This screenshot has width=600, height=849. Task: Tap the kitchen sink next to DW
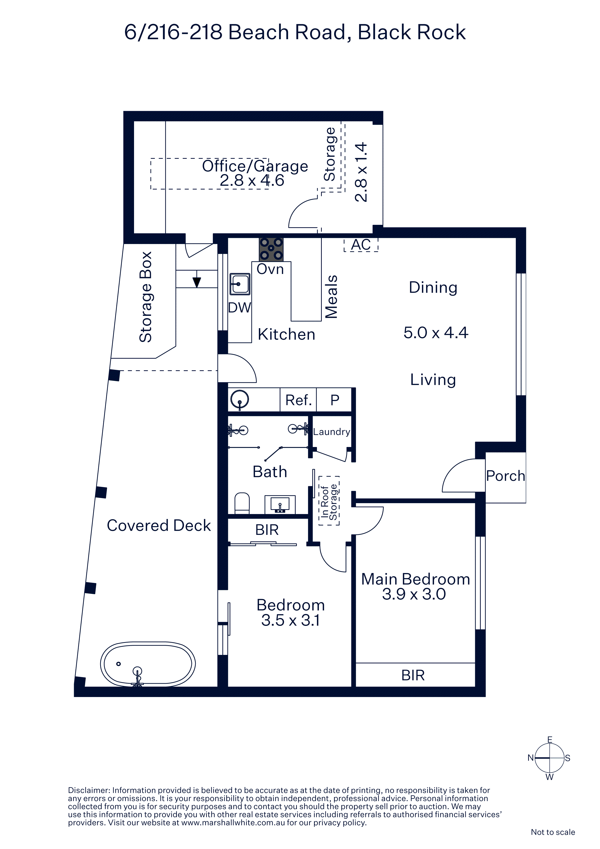click(x=240, y=284)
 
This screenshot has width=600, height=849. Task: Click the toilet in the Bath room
click(x=242, y=503)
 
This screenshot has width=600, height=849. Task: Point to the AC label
click(x=361, y=245)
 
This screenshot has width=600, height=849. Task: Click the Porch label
click(x=505, y=476)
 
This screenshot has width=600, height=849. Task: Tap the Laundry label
click(x=332, y=432)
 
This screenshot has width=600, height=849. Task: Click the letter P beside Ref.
click(x=335, y=400)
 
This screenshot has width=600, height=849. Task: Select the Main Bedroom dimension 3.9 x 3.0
click(x=414, y=594)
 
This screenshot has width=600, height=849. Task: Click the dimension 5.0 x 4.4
click(x=436, y=333)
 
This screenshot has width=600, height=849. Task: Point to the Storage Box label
click(x=146, y=297)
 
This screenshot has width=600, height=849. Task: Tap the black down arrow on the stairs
click(x=197, y=282)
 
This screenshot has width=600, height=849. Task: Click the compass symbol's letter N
click(x=531, y=758)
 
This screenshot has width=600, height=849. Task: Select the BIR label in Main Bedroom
click(x=413, y=675)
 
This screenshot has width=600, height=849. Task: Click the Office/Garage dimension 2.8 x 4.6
click(x=252, y=181)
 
